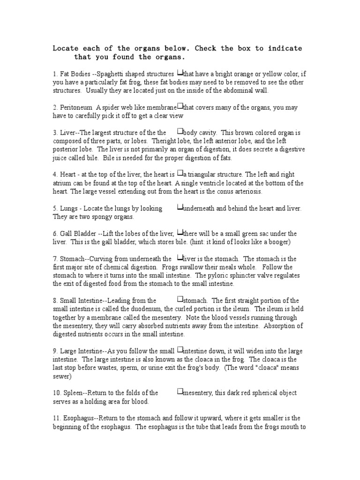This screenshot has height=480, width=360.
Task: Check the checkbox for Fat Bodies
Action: point(180,73)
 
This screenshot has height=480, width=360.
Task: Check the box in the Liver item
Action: point(180,132)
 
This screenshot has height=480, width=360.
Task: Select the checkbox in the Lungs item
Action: point(180,208)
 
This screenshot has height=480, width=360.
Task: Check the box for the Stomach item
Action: point(180,258)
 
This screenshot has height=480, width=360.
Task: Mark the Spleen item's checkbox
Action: point(180,392)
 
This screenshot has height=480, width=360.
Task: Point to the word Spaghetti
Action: point(111,74)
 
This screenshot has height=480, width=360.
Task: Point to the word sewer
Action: point(61,376)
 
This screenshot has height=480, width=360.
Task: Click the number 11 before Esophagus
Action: point(56,418)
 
